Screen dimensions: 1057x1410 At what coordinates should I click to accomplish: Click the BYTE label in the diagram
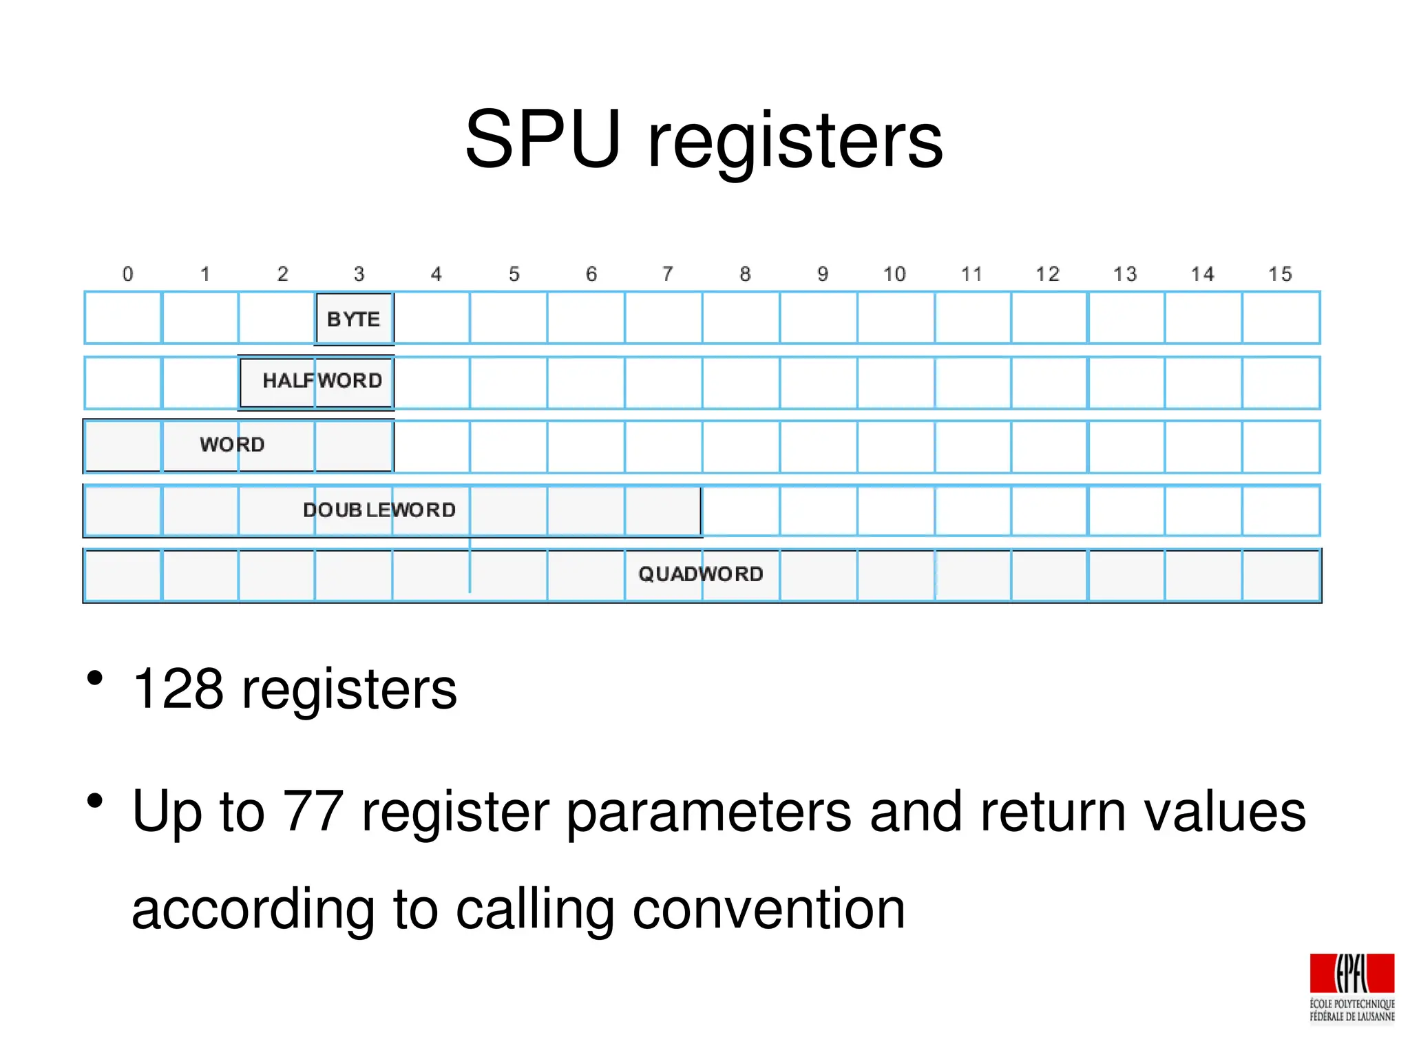tap(353, 319)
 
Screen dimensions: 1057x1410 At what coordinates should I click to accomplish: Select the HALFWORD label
tap(322, 380)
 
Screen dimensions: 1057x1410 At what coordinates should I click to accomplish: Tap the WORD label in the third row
tap(232, 444)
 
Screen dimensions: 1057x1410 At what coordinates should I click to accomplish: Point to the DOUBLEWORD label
tap(379, 510)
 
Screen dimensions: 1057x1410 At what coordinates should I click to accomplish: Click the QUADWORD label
tap(701, 574)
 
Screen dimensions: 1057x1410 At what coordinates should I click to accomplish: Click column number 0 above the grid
tap(127, 274)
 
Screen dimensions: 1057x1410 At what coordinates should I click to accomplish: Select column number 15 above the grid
tap(1280, 274)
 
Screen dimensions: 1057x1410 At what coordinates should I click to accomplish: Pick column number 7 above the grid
tap(667, 274)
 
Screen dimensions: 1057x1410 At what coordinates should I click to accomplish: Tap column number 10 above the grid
tap(894, 274)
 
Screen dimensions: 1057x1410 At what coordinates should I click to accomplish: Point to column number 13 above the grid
tap(1125, 274)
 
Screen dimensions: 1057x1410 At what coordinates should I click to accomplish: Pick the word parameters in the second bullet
tap(710, 813)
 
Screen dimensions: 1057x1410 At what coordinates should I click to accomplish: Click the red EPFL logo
tap(1351, 974)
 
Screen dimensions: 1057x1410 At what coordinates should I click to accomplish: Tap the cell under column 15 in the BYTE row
tap(1281, 317)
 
